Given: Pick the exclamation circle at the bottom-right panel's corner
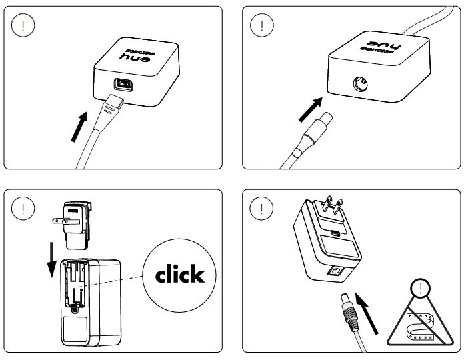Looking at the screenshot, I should (x=261, y=207).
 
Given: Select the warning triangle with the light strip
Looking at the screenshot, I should (x=421, y=323).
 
